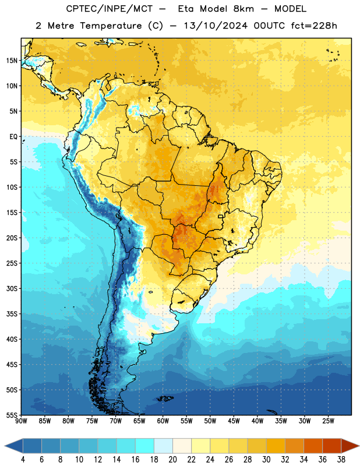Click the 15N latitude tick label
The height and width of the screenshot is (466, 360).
[12, 61]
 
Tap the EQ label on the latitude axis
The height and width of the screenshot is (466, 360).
[13, 137]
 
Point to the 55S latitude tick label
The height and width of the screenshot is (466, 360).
[12, 415]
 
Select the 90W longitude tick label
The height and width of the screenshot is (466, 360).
[21, 421]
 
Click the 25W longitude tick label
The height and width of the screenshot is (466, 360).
[328, 421]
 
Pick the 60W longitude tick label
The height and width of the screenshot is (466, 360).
[163, 421]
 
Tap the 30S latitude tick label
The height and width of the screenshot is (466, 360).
[12, 288]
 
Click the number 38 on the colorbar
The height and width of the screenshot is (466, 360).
[341, 460]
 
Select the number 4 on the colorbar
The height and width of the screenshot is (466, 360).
[23, 460]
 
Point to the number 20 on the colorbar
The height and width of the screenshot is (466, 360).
[172, 460]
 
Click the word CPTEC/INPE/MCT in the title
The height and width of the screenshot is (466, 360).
[110, 9]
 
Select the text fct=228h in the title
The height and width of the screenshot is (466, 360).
[314, 26]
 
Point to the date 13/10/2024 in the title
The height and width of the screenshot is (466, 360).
[216, 26]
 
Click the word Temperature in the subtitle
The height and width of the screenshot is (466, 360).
[111, 26]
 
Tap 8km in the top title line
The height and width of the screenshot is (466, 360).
[243, 9]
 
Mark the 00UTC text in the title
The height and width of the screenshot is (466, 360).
[269, 26]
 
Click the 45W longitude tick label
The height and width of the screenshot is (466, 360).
[234, 421]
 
